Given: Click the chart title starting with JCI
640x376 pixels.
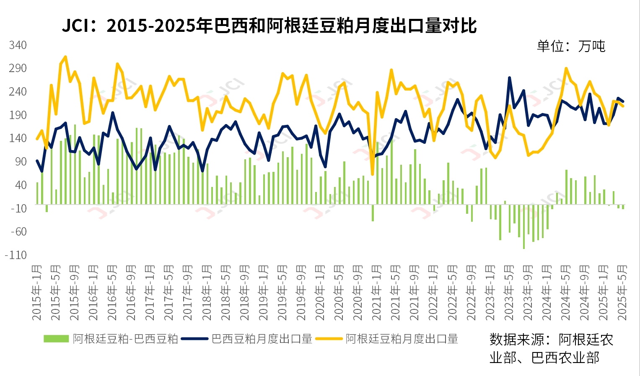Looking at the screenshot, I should (x=269, y=26).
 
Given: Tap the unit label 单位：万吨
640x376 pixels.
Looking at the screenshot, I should (x=571, y=46).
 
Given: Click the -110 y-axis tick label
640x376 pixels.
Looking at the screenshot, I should (x=16, y=255).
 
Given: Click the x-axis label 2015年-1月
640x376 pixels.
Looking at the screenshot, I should (x=37, y=293).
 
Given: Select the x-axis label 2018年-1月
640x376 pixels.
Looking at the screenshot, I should (x=207, y=293).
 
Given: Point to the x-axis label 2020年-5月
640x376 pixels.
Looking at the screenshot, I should (x=339, y=293).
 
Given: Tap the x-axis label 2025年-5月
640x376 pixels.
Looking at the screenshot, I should (x=622, y=293).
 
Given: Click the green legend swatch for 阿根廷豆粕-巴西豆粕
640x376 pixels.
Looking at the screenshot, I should (x=56, y=339).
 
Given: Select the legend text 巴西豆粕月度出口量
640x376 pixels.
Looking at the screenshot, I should (x=262, y=339).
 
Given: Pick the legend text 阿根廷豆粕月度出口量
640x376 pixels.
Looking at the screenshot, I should (x=402, y=339).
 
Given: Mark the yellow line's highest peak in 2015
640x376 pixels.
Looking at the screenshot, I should (x=65, y=57).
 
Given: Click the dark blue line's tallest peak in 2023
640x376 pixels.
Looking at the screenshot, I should (x=509, y=78).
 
